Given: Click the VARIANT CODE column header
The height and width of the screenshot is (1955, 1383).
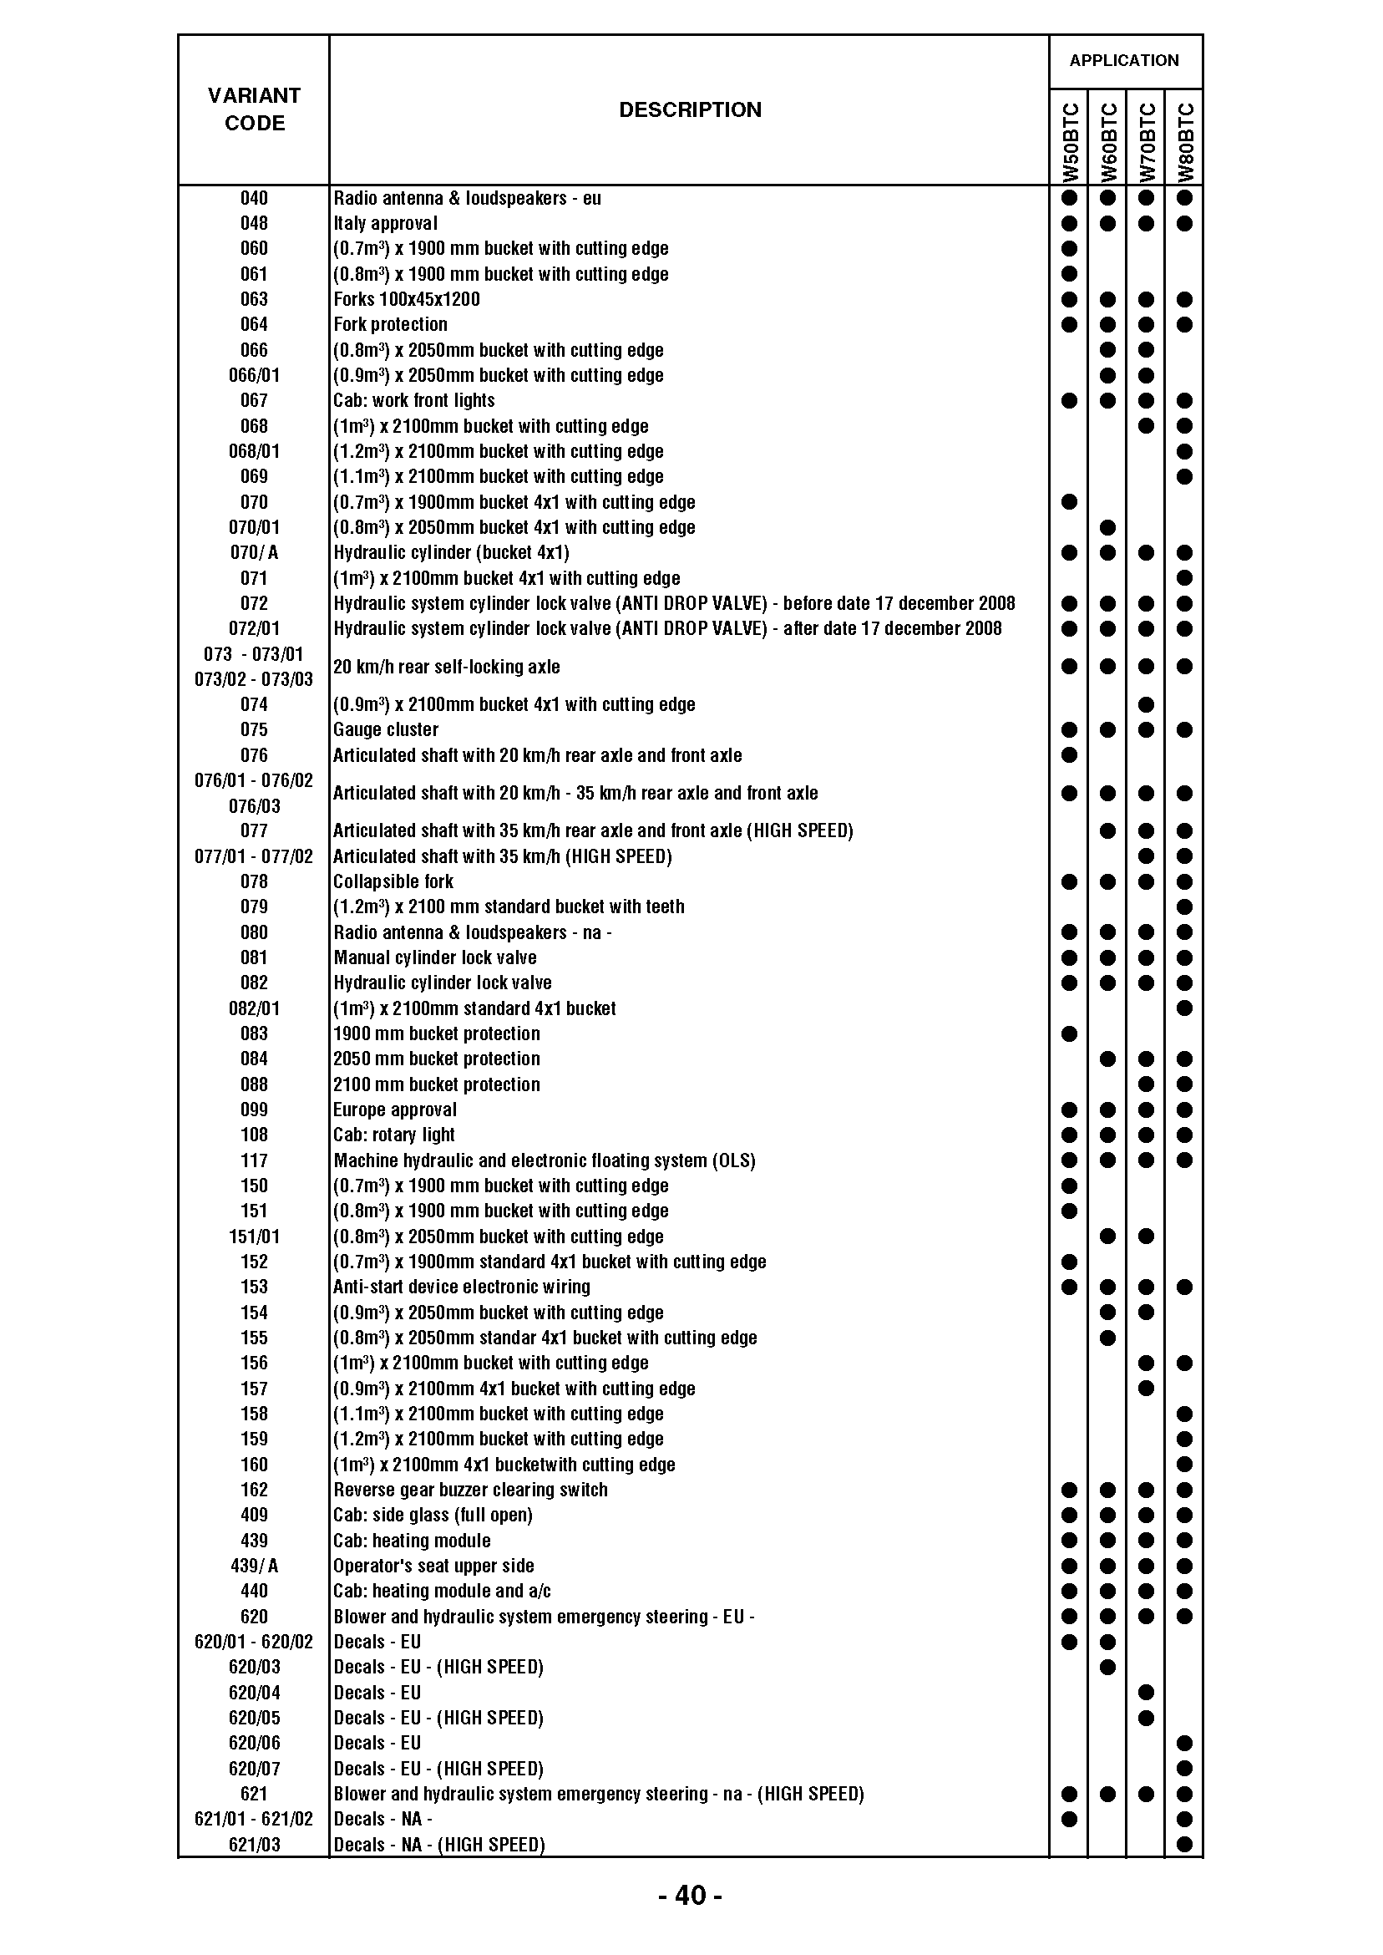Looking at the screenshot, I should point(254,109).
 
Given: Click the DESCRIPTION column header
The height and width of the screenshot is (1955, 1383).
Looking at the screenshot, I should point(690,110).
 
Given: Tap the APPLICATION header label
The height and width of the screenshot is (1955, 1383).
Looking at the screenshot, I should point(1124,60).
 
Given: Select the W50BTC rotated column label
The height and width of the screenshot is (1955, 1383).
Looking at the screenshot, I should point(1071,142).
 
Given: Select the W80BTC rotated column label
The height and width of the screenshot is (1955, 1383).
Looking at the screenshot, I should point(1185,142).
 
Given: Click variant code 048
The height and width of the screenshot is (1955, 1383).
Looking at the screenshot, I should point(254,223).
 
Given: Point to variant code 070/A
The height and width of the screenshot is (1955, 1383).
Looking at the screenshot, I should point(254,552).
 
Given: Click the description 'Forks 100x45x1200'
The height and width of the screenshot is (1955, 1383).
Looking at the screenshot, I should point(406,299).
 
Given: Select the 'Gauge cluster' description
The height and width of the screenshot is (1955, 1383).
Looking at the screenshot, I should point(386,729).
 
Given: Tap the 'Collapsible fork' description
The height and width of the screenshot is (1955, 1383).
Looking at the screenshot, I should point(393,881).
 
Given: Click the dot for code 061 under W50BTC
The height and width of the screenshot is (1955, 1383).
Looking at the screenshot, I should point(1070,274).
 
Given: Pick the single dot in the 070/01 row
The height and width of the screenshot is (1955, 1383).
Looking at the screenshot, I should point(1107,527).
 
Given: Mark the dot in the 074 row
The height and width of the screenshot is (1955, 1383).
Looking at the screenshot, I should point(1146,704).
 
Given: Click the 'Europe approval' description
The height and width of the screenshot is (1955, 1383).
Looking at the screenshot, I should point(394,1110).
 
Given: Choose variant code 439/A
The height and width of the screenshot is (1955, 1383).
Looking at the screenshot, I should point(254,1566).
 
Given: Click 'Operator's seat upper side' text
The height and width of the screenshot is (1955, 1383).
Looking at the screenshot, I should point(433,1566).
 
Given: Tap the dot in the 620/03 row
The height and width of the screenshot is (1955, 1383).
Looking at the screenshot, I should point(1107,1667).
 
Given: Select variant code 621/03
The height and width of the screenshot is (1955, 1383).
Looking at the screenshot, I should point(254,1845).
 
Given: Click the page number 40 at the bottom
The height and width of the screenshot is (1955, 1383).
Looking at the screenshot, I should point(690,1896).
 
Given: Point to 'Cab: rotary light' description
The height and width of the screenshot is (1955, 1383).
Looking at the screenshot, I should point(393,1135).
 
